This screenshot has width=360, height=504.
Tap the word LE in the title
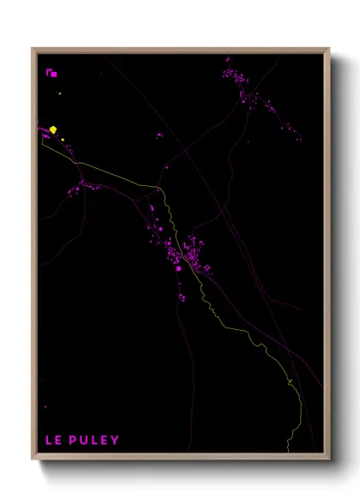tap(52, 441)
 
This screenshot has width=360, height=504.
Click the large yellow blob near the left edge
tap(53, 129)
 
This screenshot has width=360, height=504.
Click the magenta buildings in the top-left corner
tap(52, 73)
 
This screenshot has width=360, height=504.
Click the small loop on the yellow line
tap(291, 381)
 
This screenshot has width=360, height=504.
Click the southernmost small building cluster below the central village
tap(183, 297)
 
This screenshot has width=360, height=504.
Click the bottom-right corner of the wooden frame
tap(328, 460)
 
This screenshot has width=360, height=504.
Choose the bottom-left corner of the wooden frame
tap(33, 460)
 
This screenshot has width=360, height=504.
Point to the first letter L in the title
tap(48, 441)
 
